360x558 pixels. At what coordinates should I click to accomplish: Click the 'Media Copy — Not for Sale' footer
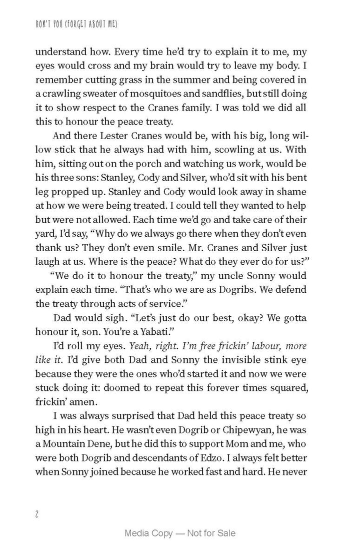coord(180,533)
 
